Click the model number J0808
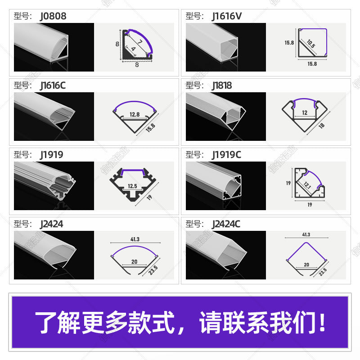[x=53, y=17]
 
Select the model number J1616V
[x=227, y=17]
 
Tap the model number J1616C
[x=53, y=85]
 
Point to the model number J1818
[x=222, y=85]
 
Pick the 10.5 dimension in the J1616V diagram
[x=311, y=44]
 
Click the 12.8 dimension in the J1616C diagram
[x=133, y=114]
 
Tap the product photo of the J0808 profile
[x=54, y=47]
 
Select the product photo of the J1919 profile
[x=54, y=185]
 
